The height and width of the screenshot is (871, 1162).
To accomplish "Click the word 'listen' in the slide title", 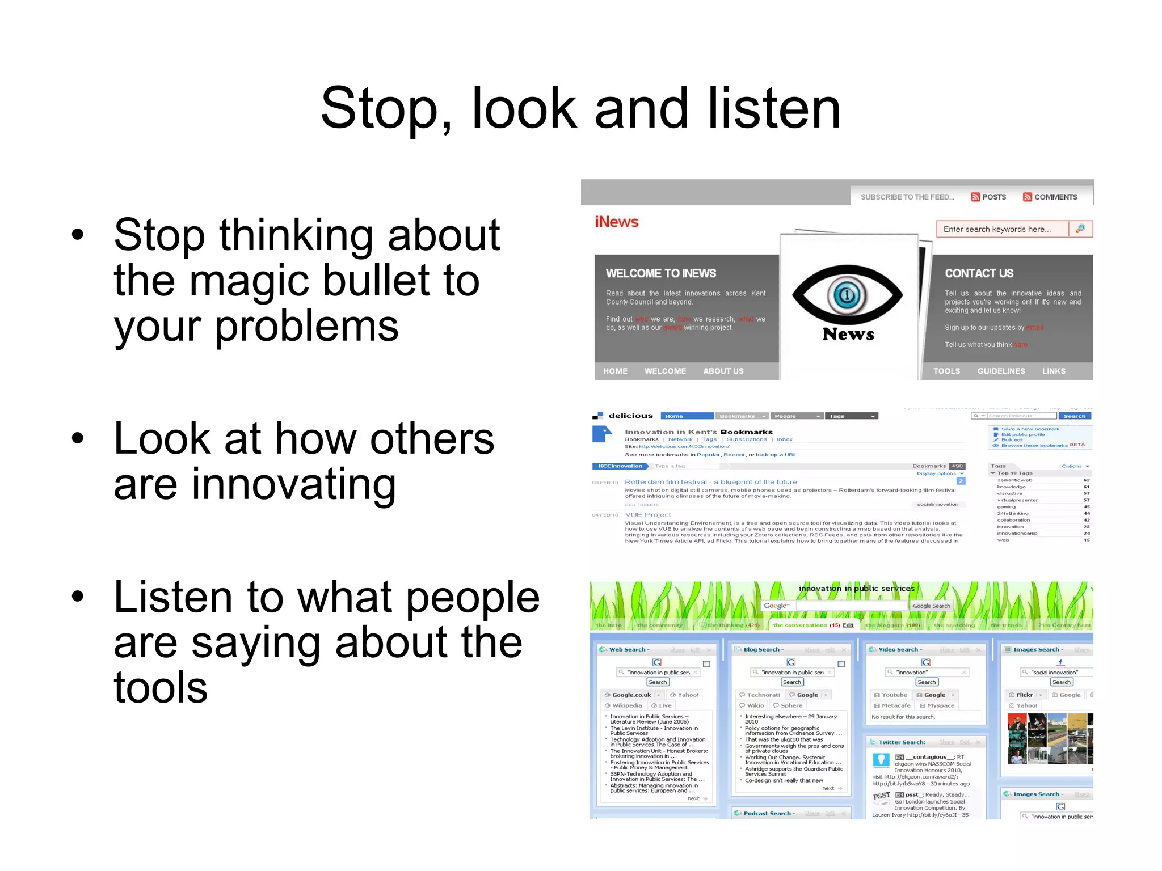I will tap(774, 108).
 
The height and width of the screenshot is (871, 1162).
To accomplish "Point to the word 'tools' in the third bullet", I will tap(161, 688).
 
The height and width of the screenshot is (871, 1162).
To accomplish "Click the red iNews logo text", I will tap(616, 222).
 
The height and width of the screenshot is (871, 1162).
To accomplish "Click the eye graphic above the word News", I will tap(847, 295).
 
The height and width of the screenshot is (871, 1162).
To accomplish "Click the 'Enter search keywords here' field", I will tap(1001, 229).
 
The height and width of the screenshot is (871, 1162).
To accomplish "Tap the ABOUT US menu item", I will tap(723, 371).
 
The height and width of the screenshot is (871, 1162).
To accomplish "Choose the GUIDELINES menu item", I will tap(1001, 371).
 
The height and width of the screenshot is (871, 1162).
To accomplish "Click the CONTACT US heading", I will tap(979, 273).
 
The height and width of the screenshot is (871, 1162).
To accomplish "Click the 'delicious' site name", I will tap(630, 416).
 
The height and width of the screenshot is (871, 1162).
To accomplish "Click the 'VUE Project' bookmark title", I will tap(647, 515).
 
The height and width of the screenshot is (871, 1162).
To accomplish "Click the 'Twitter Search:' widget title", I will tap(902, 742).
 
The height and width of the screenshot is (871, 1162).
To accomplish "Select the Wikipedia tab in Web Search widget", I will tap(626, 706).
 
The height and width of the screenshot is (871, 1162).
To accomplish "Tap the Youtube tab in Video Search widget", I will tap(894, 695).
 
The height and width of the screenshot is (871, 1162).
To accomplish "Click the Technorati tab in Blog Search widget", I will tap(763, 695).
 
